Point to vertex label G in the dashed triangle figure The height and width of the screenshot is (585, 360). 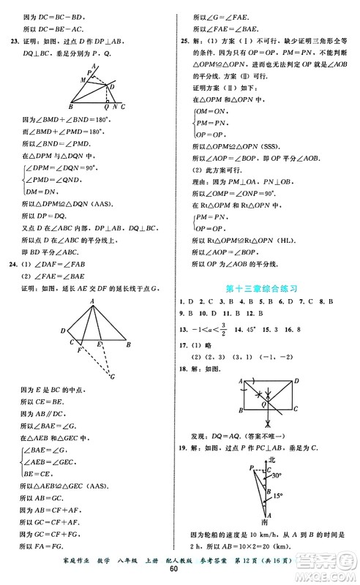113,377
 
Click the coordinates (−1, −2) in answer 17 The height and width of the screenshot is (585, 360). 268,355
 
